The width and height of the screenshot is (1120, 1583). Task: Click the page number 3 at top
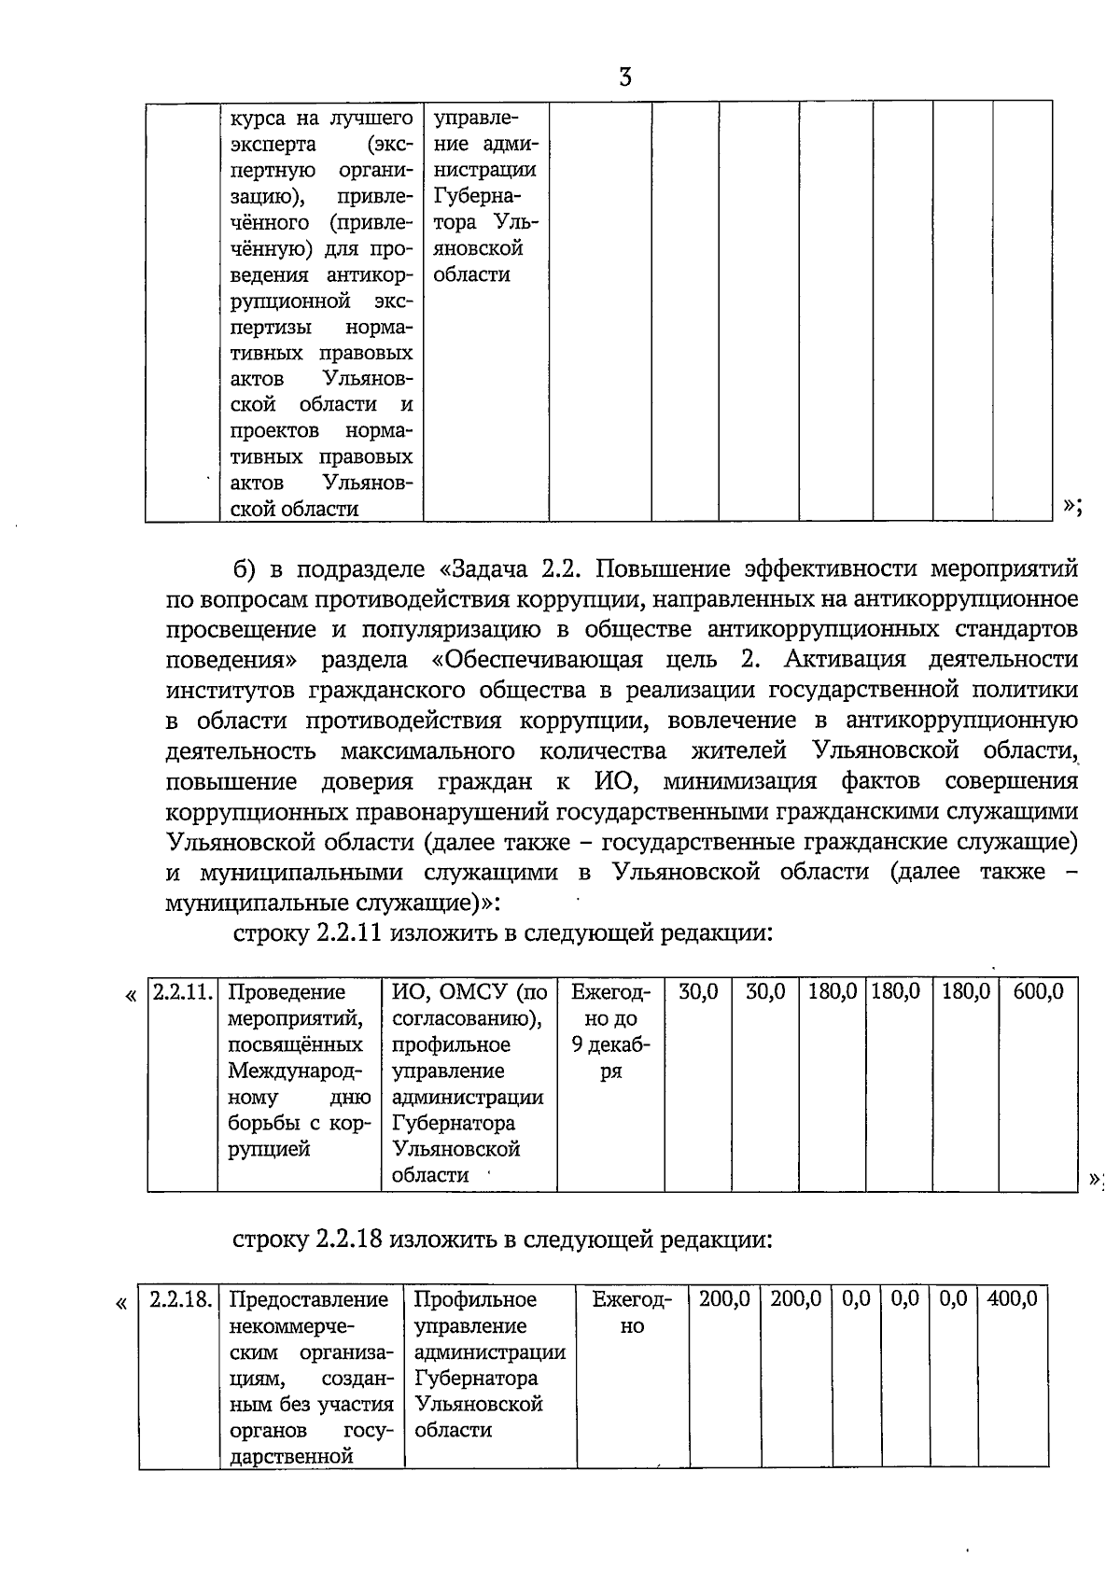[x=624, y=77]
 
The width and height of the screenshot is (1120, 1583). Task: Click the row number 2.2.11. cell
[x=182, y=992]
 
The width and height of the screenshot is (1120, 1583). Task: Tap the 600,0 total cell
[x=1038, y=992]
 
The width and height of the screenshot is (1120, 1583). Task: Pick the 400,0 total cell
[x=1012, y=1299]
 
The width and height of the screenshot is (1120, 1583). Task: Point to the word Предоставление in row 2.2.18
[x=309, y=1299]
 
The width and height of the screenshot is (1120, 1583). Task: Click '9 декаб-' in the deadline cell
[x=611, y=1045]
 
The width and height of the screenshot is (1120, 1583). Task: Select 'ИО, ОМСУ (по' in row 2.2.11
[x=469, y=992]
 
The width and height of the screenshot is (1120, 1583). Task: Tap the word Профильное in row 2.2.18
[x=475, y=1299]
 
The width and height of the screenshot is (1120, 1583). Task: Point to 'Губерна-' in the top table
[x=477, y=197]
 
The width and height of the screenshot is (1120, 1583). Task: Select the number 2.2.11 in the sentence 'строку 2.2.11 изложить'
[x=349, y=932]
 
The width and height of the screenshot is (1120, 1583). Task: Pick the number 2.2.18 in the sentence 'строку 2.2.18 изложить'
[x=349, y=1240]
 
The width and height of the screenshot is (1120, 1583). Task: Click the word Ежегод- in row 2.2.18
[x=632, y=1299]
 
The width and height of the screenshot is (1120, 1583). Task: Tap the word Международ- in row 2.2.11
[x=295, y=1072]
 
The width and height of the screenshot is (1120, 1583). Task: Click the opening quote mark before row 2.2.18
[x=121, y=1301]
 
